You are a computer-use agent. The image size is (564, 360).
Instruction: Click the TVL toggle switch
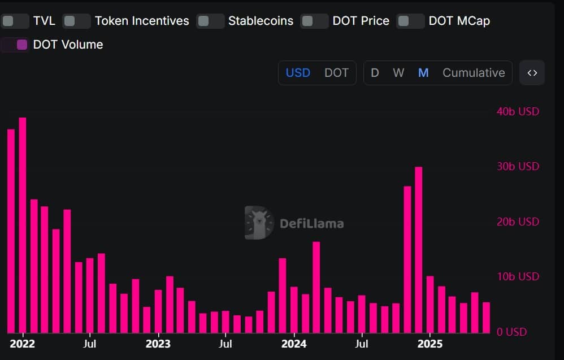pos(15,21)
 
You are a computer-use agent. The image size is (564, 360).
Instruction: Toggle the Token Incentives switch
pos(76,21)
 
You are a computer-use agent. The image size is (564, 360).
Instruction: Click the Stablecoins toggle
pos(210,21)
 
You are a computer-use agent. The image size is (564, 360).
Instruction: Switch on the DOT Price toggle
pos(314,21)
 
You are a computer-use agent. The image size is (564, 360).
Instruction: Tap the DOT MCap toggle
pos(410,21)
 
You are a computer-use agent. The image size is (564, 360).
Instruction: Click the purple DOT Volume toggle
pos(15,45)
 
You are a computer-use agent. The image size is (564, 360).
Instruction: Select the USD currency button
pos(298,73)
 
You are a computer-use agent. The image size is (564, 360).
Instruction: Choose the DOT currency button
pos(336,73)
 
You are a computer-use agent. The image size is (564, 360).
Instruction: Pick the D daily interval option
pos(375,73)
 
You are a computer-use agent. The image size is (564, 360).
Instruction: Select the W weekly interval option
pos(398,73)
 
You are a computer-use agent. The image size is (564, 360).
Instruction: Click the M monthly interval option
pos(423,73)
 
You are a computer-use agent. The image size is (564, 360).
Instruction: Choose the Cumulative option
pos(474,73)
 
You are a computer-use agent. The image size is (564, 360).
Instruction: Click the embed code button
pos(532,73)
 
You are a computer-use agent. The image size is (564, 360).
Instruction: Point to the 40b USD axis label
pos(518,111)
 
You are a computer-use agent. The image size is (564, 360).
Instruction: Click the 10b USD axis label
pos(518,276)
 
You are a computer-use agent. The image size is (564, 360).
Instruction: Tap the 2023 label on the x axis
pos(158,344)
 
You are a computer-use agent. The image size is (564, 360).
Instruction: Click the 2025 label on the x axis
pos(429,344)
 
